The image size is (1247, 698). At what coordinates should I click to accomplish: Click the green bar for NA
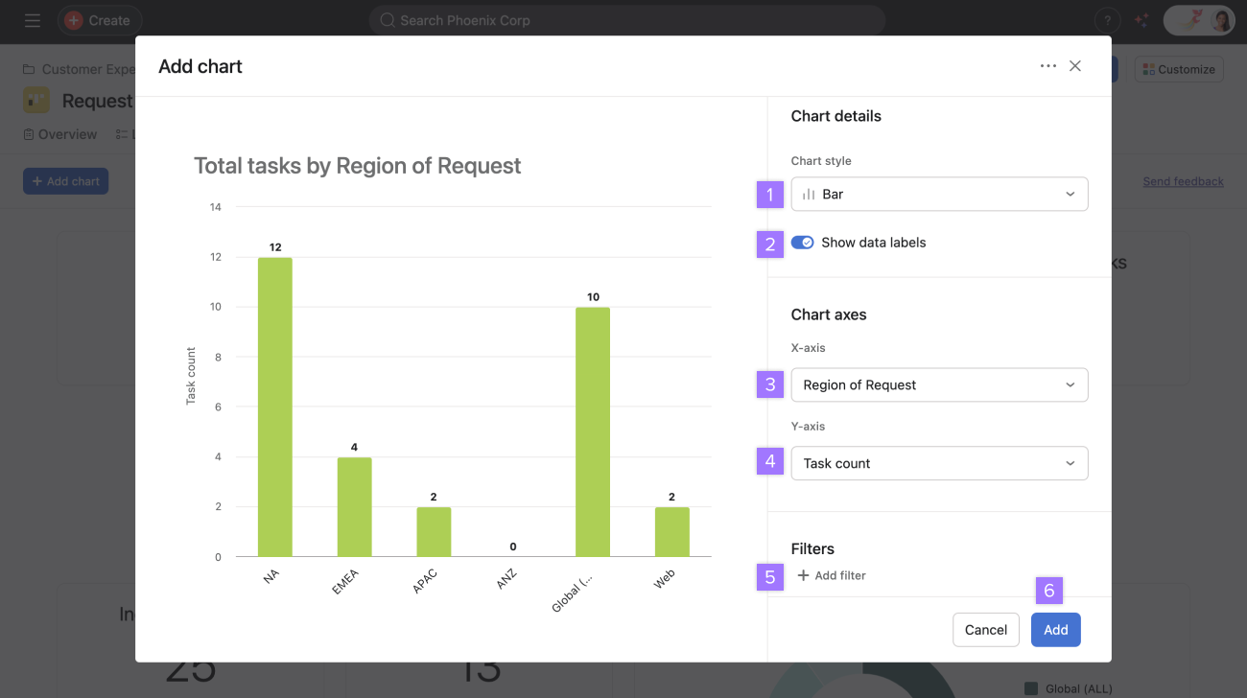tap(275, 407)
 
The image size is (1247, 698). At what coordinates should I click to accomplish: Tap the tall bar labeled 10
tap(592, 431)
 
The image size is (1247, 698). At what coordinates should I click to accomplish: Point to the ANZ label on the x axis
tap(506, 580)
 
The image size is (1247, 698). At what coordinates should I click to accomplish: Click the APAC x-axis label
tap(425, 581)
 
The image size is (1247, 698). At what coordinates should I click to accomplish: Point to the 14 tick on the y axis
tap(216, 207)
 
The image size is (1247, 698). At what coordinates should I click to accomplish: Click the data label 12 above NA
tap(275, 247)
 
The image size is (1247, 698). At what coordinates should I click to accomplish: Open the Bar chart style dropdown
tap(939, 194)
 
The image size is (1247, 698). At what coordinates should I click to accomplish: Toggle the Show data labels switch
tap(802, 243)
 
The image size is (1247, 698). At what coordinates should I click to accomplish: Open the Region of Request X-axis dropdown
tap(939, 384)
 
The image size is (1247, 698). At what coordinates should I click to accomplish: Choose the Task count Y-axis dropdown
tap(939, 463)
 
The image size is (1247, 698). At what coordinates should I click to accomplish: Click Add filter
tap(832, 575)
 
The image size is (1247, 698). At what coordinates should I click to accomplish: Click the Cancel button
tap(985, 630)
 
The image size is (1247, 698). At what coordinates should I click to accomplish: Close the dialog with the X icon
tap(1075, 66)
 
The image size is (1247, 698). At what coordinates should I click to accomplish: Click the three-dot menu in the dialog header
tap(1047, 66)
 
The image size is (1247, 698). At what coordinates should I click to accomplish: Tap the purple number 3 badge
tap(769, 385)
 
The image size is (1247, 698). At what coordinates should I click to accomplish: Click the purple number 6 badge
tap(1048, 591)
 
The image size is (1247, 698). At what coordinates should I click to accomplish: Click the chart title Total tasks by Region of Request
tap(357, 166)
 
